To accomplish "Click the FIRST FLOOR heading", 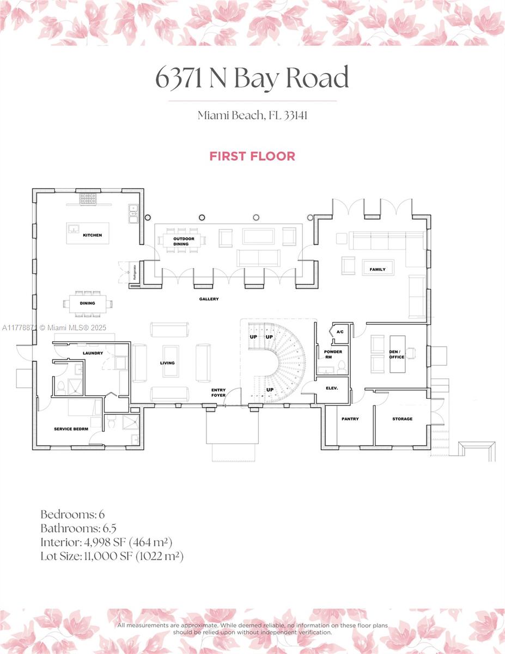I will tap(252, 156).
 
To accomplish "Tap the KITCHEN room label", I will tap(92, 235).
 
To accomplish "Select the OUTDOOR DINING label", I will tap(181, 241).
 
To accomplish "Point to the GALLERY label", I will tap(209, 299).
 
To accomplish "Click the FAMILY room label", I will tap(378, 269).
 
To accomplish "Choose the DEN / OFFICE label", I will tap(397, 354).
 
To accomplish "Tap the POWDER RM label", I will tap(333, 354).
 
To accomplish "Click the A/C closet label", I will tap(340, 332).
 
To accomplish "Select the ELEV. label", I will tap(332, 388).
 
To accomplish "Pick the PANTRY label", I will tap(349, 419).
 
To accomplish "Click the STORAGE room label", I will tap(402, 419).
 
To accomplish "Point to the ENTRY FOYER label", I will tap(218, 392).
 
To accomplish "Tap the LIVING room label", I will tap(167, 363).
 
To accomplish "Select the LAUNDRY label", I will tap(93, 353).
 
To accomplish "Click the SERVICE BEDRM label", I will tap(71, 429).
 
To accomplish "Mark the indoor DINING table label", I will tap(87, 303).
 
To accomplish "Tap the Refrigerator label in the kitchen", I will tap(133, 271).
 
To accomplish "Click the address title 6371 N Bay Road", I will tap(252, 78).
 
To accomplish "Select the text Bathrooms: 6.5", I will tap(78, 528).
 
